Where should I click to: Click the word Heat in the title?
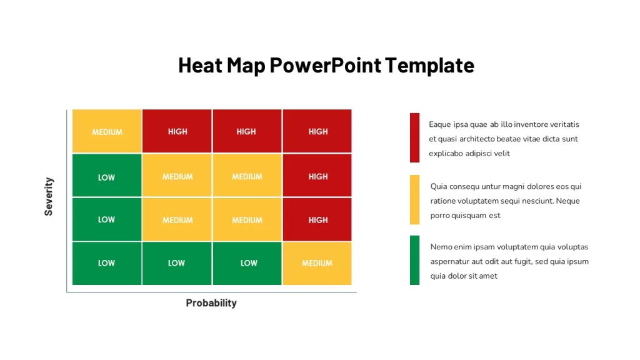(x=200, y=65)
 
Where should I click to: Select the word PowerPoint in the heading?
(x=325, y=65)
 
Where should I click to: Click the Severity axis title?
(x=49, y=196)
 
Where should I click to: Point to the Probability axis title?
(x=211, y=303)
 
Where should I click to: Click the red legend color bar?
(x=415, y=137)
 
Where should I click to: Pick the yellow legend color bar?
(x=415, y=199)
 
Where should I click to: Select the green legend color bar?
(x=415, y=260)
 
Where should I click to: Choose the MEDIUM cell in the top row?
(x=107, y=131)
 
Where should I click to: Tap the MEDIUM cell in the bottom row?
(x=317, y=263)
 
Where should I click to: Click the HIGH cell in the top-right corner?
(x=317, y=131)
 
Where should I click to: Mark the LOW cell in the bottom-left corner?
(x=107, y=263)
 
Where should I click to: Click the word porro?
(x=440, y=216)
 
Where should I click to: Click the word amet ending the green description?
(x=488, y=276)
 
